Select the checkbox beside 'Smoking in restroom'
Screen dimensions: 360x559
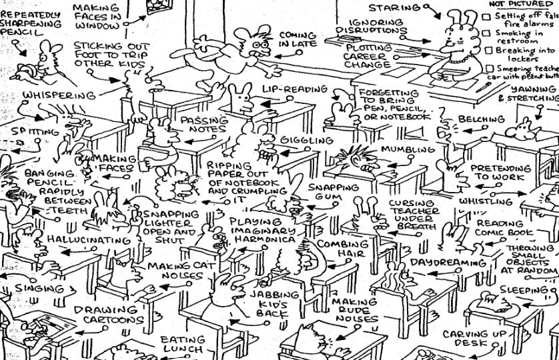pos(486,33)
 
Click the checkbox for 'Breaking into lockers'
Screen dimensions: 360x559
pos(486,50)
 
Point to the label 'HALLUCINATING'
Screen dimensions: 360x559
pos(98,240)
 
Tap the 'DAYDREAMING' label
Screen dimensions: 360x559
pos(448,263)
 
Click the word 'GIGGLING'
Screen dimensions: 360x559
pos(306,141)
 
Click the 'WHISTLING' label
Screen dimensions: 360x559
pos(486,201)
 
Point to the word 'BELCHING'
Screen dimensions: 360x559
pos(481,120)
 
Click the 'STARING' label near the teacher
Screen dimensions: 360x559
pos(395,8)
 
